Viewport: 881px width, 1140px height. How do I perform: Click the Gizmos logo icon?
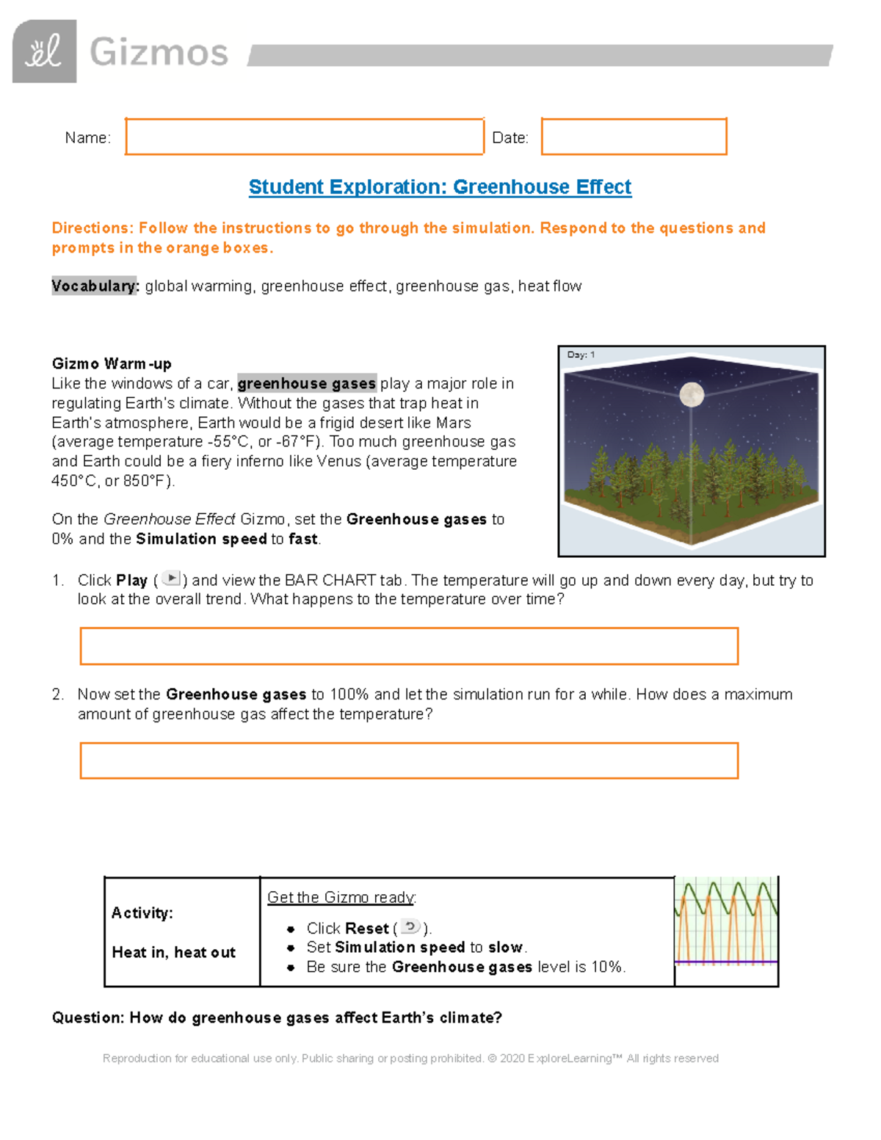[x=44, y=51]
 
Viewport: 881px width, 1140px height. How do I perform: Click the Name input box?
[x=304, y=137]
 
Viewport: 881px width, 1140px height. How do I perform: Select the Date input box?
[x=634, y=137]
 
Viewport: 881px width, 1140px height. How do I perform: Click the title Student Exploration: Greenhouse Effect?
[x=440, y=187]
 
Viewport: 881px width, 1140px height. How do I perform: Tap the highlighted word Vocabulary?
[x=95, y=286]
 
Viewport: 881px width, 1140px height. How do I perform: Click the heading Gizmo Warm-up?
[x=112, y=364]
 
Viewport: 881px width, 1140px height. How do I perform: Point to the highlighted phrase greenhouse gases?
[x=307, y=383]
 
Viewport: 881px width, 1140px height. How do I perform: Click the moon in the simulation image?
[x=692, y=394]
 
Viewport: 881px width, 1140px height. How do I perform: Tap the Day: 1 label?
[x=581, y=355]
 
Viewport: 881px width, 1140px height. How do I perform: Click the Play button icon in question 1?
[x=171, y=578]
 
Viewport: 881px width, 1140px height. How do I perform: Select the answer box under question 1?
[x=409, y=646]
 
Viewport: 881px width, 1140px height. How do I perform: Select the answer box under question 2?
[x=409, y=760]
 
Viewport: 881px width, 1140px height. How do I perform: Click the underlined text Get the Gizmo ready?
[x=341, y=897]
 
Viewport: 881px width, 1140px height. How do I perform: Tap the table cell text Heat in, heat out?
[x=174, y=953]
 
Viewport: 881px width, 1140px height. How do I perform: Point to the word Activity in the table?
[x=142, y=913]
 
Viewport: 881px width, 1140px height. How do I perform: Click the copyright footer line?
[x=410, y=1059]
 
